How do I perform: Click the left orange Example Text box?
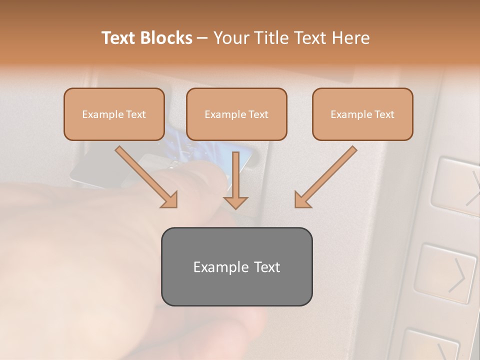114,114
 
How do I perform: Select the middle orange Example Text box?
236,114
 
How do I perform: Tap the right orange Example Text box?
362,114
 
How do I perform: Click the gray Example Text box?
236,266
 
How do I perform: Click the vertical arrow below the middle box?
235,180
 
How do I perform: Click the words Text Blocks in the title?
146,38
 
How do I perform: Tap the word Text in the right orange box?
384,114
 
